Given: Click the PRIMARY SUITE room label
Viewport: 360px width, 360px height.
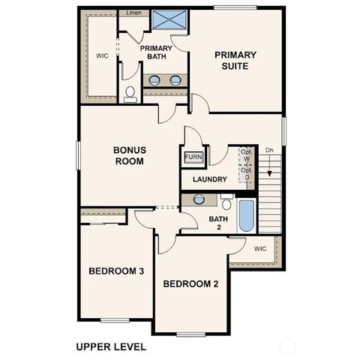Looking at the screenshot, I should (235, 60).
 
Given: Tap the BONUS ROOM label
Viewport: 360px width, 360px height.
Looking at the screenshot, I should (130, 155).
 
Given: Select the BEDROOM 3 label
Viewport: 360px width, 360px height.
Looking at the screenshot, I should (116, 271).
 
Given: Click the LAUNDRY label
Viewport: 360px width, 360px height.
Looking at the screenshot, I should (209, 180).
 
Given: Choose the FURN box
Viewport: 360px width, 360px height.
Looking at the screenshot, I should (193, 157).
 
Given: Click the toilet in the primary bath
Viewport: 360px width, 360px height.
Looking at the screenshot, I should (130, 93).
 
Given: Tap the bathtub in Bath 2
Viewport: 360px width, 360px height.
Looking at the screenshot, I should (246, 214).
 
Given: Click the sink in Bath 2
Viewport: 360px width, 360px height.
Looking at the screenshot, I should (199, 199).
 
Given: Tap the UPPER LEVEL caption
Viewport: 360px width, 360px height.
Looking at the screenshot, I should (110, 347).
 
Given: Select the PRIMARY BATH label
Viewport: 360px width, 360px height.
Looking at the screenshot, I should (156, 53).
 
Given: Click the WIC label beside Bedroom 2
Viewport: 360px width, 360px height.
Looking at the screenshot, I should (259, 248).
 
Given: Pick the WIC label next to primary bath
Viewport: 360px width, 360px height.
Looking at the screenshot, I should (102, 55).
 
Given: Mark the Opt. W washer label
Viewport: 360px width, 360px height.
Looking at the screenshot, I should (245, 155).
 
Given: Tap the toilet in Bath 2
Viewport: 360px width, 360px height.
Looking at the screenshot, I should (226, 202).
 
